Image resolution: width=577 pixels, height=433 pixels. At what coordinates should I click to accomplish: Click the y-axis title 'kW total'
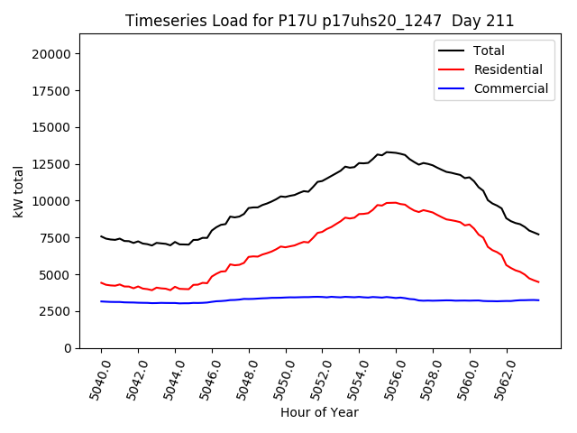click(18, 191)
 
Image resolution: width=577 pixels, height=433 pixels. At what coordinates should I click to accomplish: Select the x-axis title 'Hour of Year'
click(319, 412)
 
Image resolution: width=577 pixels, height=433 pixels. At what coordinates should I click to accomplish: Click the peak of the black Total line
click(388, 152)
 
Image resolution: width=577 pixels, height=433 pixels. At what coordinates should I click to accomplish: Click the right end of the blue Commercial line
click(538, 299)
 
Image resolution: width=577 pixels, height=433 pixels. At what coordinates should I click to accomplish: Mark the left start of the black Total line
click(101, 236)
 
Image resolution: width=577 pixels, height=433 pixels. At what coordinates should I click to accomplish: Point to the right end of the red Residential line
click(538, 282)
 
